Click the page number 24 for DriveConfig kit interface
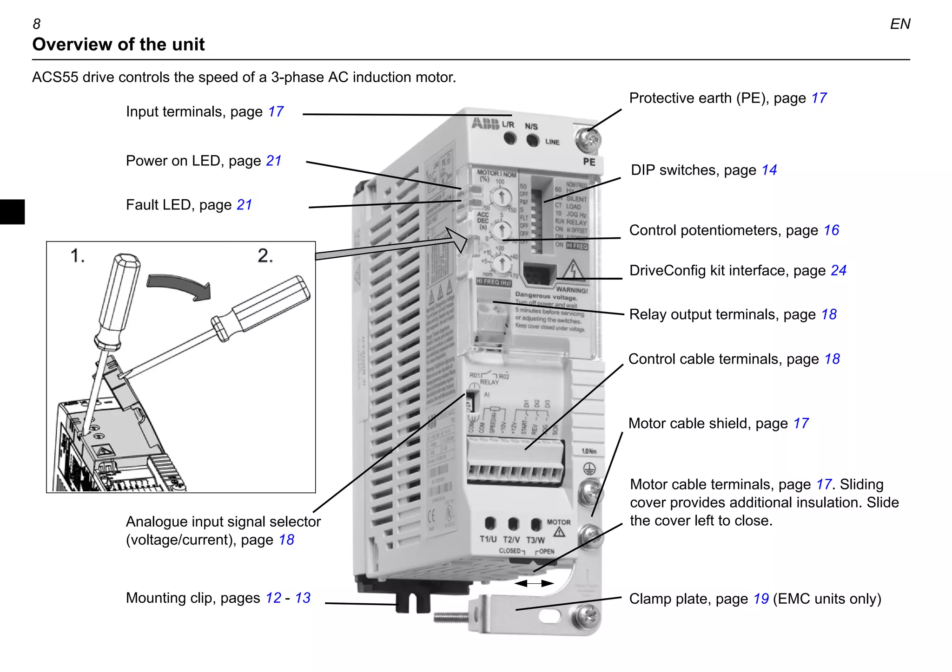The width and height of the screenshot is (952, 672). (839, 271)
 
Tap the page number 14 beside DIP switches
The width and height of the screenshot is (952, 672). (769, 170)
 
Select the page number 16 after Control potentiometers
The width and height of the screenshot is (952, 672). (831, 230)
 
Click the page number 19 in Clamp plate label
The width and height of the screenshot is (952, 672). (761, 599)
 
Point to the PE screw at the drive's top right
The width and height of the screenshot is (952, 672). (588, 140)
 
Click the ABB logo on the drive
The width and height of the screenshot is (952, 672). (485, 124)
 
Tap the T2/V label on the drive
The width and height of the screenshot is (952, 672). (511, 540)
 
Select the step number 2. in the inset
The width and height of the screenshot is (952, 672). (265, 256)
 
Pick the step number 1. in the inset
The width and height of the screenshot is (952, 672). (77, 256)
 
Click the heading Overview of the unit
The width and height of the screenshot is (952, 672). (119, 45)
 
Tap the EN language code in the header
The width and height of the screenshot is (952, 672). (899, 24)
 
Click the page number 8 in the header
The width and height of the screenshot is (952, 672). (37, 24)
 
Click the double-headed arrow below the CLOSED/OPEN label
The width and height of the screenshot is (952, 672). (534, 583)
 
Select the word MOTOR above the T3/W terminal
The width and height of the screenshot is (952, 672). (558, 522)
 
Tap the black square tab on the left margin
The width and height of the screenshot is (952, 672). (12, 212)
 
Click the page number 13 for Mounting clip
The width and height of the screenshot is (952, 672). (303, 598)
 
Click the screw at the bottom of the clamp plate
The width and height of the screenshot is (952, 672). (587, 618)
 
